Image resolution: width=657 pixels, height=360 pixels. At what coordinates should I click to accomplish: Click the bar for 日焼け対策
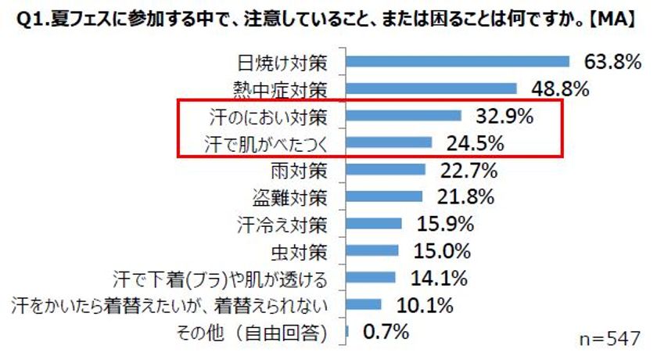[458, 62]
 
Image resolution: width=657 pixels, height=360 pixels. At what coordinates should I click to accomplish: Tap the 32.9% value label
[504, 117]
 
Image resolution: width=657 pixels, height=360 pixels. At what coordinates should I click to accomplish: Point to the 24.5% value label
[476, 143]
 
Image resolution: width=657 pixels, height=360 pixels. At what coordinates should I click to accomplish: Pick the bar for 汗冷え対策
[374, 224]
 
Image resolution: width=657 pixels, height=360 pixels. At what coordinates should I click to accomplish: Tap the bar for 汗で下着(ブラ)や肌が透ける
[372, 278]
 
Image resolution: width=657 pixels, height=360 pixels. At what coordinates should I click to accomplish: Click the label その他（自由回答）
[257, 333]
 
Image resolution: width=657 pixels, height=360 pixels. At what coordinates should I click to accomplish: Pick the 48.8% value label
[559, 88]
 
